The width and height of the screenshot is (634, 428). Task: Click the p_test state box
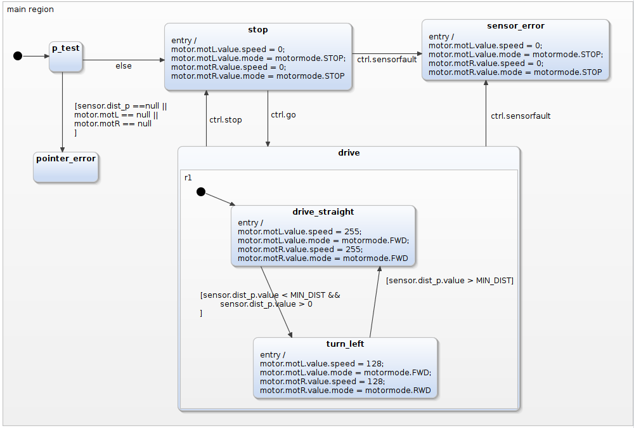65,57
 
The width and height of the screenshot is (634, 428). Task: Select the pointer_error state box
66,166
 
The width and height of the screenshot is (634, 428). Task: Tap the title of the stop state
257,30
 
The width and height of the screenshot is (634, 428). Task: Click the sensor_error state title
515,26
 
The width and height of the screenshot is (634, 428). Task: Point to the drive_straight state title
323,212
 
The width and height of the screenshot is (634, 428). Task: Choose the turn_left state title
345,344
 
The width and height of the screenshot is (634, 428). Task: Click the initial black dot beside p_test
18,56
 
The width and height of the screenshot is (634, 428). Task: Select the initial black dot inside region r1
200,192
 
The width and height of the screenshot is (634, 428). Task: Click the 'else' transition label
123,66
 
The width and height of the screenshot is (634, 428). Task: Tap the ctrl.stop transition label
225,119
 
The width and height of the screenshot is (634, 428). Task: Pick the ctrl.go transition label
283,115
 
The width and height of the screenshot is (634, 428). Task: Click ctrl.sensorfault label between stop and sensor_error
386,60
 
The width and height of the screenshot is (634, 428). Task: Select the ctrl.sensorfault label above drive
520,116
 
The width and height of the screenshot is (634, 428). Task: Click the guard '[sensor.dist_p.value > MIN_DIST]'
450,280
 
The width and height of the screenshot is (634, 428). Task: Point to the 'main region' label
30,10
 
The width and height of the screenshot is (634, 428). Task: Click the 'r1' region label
188,177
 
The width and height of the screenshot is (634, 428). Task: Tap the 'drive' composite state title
349,153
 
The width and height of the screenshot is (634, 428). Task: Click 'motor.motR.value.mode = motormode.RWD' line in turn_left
345,391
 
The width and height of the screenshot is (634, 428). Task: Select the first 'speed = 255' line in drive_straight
299,232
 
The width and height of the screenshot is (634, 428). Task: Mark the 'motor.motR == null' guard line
113,124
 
